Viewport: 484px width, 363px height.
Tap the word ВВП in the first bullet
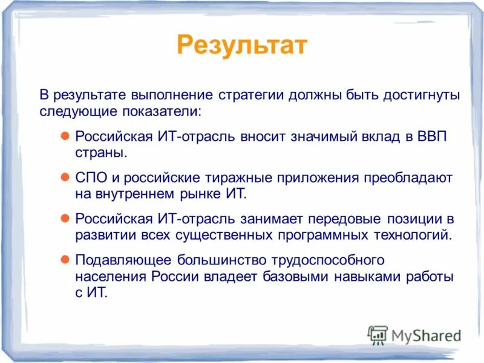pos(432,136)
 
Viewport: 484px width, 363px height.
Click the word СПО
pos(90,178)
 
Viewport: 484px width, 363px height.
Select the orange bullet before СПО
pos(67,178)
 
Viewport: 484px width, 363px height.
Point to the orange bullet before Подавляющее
pos(67,260)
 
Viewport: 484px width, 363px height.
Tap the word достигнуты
pos(422,96)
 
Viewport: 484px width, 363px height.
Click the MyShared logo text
pos(425,335)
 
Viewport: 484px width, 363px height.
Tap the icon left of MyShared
pos(378,335)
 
